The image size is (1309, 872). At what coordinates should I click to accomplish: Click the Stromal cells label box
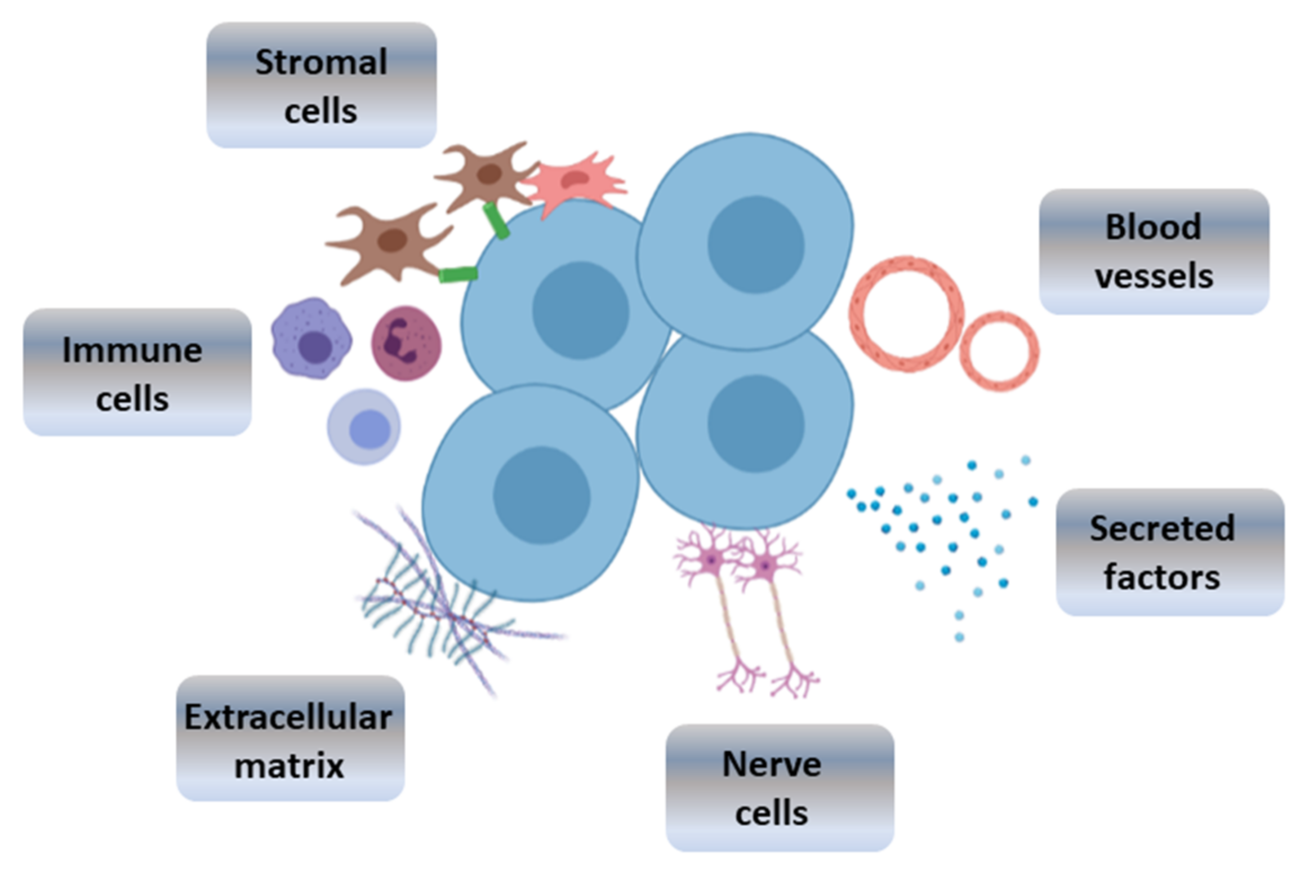(x=321, y=86)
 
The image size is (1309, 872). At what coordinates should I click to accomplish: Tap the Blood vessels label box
(x=1154, y=252)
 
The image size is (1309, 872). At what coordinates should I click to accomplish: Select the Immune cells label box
(x=137, y=372)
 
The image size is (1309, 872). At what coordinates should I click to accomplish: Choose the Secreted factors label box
(x=1170, y=552)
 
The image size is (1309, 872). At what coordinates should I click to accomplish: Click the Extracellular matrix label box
(x=290, y=738)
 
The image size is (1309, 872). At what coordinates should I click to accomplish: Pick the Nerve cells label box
(x=780, y=788)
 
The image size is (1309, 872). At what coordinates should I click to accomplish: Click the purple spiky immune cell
(x=311, y=339)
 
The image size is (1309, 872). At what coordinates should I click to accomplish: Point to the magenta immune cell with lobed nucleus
(x=406, y=344)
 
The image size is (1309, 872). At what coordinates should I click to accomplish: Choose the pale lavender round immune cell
(x=364, y=427)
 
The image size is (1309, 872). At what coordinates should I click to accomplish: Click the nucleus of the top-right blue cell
(x=755, y=244)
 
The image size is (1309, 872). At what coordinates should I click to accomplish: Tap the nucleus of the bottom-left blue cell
(x=541, y=495)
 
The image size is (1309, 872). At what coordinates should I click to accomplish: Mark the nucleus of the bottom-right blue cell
(x=755, y=424)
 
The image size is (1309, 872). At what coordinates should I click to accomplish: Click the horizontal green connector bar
(x=458, y=274)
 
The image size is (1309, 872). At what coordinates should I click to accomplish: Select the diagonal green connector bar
(x=496, y=220)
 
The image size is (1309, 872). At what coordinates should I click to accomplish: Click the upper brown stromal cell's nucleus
(x=489, y=174)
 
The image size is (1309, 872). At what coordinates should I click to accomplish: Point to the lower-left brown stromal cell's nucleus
(x=392, y=241)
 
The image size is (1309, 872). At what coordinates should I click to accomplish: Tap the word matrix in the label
(x=289, y=766)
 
